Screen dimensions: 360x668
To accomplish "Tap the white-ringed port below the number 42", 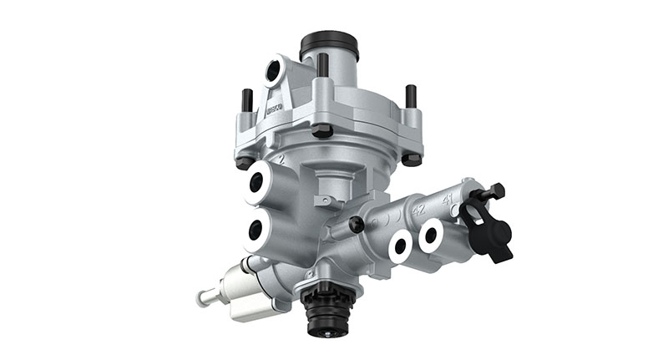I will [400, 245].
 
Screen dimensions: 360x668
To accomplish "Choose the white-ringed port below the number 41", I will [431, 235].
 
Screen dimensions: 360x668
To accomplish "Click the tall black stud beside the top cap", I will [321, 67].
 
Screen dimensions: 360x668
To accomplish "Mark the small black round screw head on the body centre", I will [357, 223].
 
